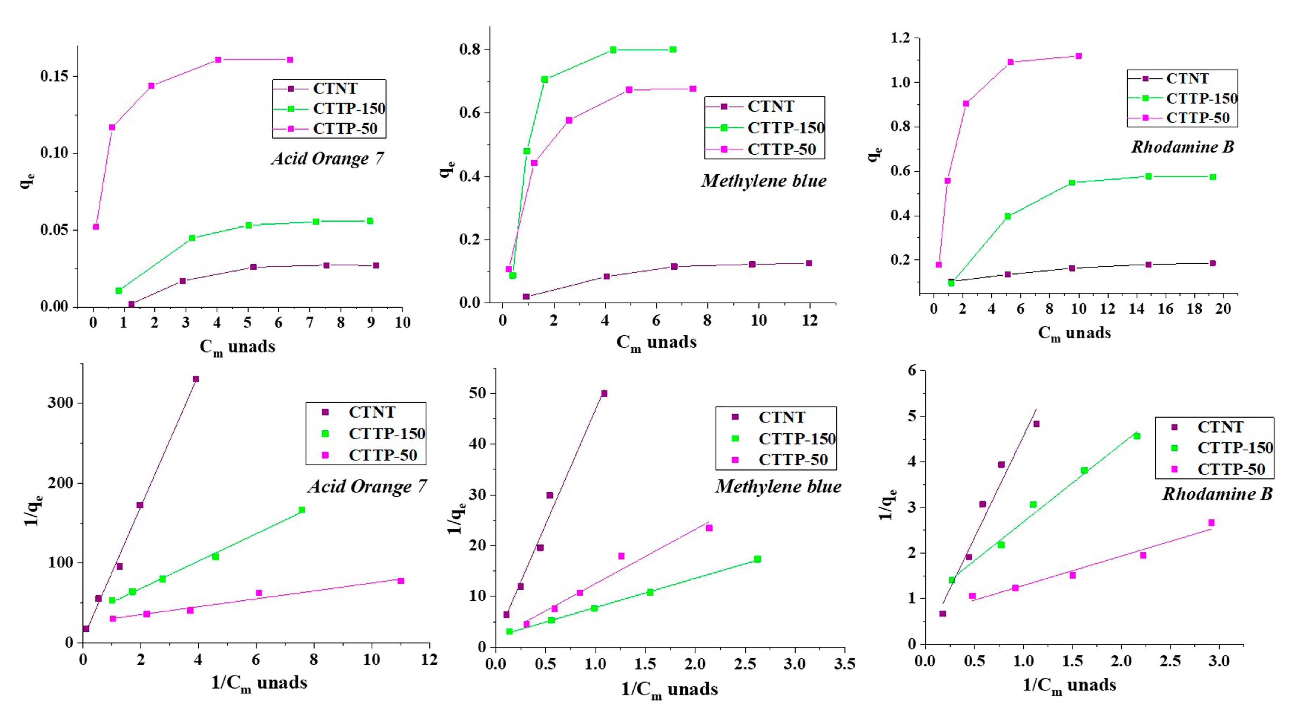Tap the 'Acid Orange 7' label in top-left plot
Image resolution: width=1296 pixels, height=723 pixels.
click(x=328, y=159)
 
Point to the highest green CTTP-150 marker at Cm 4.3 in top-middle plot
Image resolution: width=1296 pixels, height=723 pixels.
click(x=613, y=50)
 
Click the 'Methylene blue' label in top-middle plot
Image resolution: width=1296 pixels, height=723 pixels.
click(x=764, y=181)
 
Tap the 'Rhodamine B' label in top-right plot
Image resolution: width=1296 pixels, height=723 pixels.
click(x=1182, y=147)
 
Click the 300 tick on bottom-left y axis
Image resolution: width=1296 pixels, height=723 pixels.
click(x=60, y=403)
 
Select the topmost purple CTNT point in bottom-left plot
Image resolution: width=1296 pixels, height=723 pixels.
click(x=196, y=379)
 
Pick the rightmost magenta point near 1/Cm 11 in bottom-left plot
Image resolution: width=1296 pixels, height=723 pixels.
click(x=401, y=581)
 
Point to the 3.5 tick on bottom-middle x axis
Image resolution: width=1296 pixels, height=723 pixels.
click(x=844, y=664)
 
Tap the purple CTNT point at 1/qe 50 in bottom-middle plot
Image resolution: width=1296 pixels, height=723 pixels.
click(x=604, y=393)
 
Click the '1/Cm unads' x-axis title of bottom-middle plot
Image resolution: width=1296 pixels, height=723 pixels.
click(x=669, y=689)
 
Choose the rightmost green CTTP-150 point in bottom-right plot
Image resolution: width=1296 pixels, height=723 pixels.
click(x=1136, y=436)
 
